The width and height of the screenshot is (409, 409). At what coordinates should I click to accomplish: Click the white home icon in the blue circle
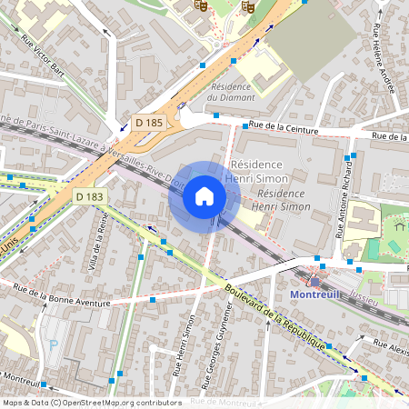point(204,195)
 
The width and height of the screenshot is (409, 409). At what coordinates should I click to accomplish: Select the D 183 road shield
point(90,196)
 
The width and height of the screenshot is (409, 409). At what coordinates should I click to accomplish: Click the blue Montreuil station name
point(314,294)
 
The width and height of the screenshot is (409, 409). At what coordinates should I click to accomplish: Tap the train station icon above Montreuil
point(315,280)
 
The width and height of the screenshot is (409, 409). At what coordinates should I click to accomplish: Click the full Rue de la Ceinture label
point(286,130)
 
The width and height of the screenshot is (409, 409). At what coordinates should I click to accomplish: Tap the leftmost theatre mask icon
point(201,5)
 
